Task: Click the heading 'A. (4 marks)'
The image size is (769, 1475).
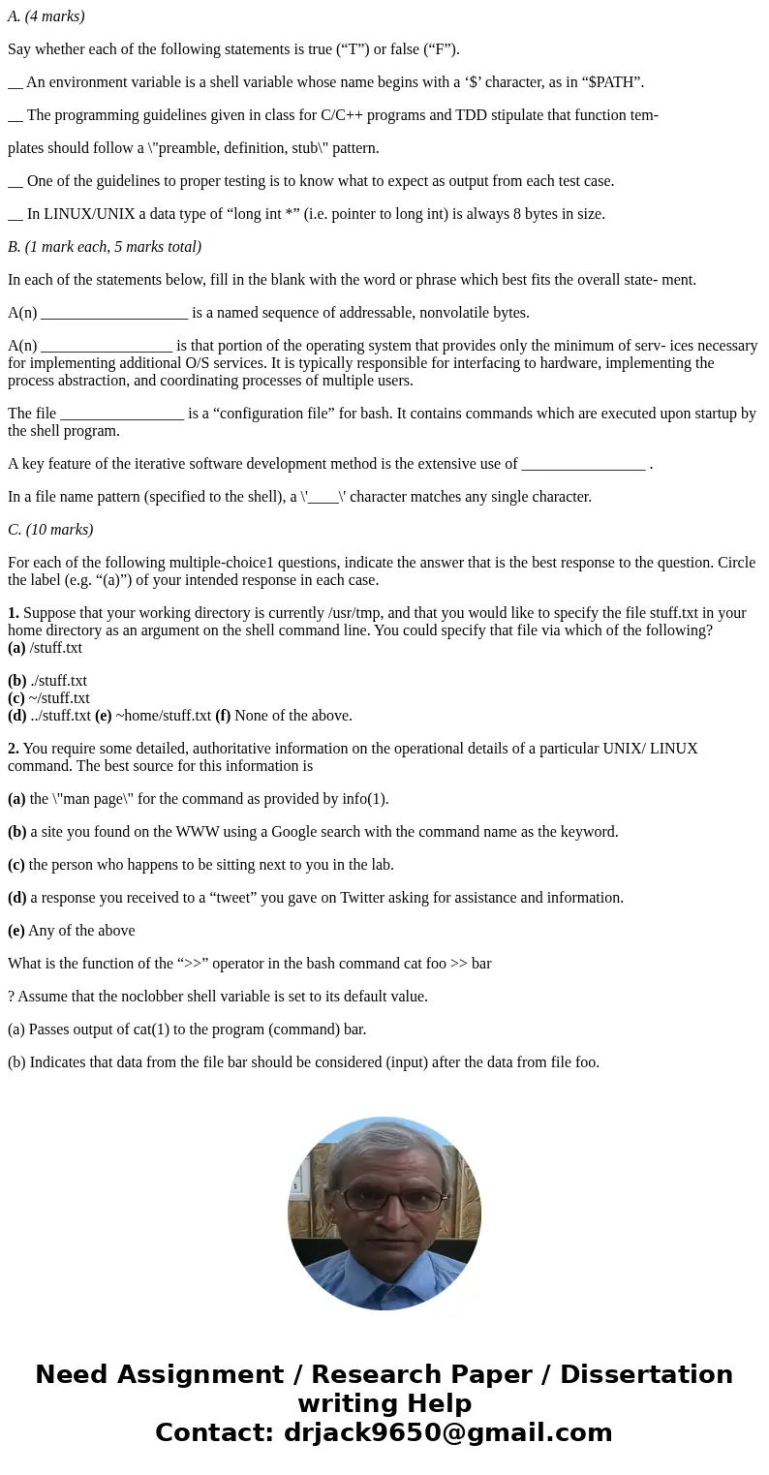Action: (x=46, y=16)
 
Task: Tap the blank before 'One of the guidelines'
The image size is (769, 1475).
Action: (x=15, y=182)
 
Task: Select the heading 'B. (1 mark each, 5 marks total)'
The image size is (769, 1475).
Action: (x=105, y=247)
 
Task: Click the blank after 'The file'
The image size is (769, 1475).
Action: (x=121, y=415)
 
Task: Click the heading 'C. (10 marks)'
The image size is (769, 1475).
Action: (x=50, y=530)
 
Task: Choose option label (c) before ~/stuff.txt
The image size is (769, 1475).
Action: (x=16, y=698)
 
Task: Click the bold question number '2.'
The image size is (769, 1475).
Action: (x=14, y=749)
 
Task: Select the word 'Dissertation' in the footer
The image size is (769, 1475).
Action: (x=646, y=1375)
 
